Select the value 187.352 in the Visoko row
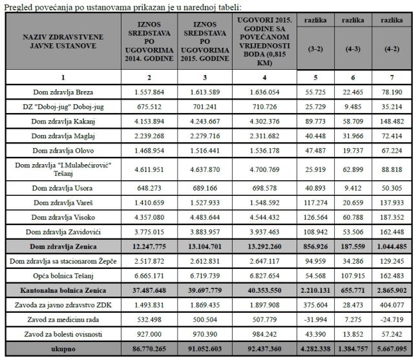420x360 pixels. [394, 217]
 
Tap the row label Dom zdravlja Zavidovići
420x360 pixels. [61, 231]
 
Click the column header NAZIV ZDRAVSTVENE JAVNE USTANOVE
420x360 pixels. [61, 41]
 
